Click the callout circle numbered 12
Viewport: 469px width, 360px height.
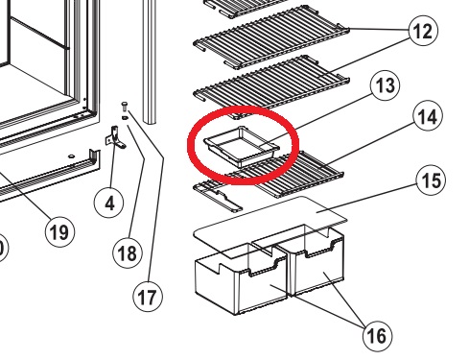click(423, 31)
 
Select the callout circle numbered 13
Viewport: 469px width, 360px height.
click(385, 85)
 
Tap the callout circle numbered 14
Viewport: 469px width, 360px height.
click(428, 116)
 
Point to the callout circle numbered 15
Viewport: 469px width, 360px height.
click(431, 180)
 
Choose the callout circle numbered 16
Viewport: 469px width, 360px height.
click(378, 336)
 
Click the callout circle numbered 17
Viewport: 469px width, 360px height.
click(148, 297)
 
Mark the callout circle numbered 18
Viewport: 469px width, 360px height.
click(128, 253)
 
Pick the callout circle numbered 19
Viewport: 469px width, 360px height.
click(59, 232)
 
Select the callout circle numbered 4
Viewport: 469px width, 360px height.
click(109, 203)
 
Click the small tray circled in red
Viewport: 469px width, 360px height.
click(242, 146)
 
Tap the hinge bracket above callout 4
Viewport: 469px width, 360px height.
click(115, 137)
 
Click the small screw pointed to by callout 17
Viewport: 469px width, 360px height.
click(125, 106)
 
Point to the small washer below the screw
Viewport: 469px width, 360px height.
click(125, 118)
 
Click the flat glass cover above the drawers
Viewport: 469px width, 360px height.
click(270, 228)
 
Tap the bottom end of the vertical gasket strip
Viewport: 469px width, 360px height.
click(150, 122)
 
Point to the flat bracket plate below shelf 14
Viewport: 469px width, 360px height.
click(218, 196)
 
